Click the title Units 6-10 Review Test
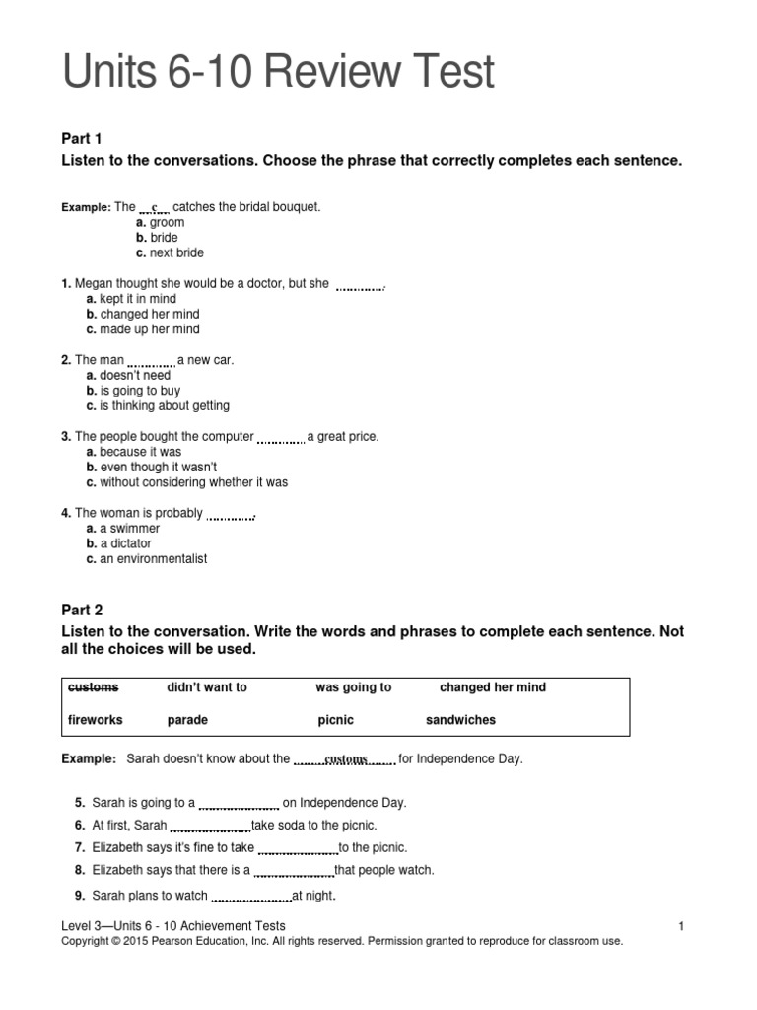(278, 75)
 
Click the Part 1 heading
(82, 138)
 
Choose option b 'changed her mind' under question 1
(142, 314)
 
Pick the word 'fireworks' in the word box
(95, 720)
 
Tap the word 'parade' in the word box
(187, 720)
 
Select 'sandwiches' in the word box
(460, 720)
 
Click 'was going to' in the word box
(353, 687)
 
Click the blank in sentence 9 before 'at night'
(251, 897)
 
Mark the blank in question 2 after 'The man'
(151, 361)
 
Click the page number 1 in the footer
(681, 925)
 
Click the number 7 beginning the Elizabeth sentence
(79, 847)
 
